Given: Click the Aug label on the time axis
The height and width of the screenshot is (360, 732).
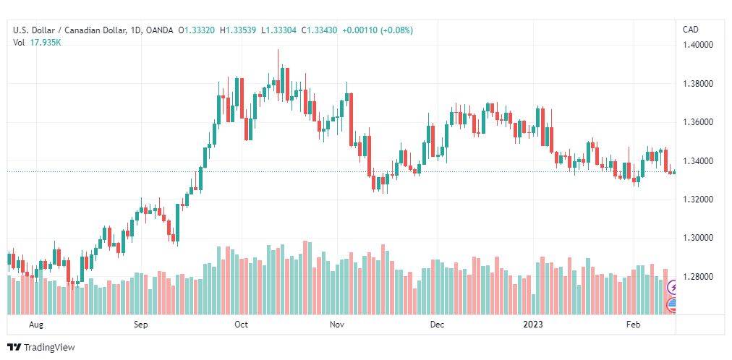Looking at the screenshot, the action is [36, 325].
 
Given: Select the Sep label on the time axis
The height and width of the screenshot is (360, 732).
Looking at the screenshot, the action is [140, 325].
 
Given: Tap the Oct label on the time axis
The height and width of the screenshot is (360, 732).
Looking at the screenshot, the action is [242, 325].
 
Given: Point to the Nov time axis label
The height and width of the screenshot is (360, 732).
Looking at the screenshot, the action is [336, 325].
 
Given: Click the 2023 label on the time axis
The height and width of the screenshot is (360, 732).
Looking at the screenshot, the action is [532, 325].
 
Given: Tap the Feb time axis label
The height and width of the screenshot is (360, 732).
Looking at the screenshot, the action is [634, 325].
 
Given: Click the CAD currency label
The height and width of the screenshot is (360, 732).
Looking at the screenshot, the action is [691, 30].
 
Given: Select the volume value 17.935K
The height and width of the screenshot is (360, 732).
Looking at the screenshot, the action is [46, 43].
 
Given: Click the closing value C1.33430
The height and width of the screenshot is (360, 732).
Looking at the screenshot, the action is [320, 30].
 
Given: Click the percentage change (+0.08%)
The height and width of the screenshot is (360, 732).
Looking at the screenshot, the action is [396, 30].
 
